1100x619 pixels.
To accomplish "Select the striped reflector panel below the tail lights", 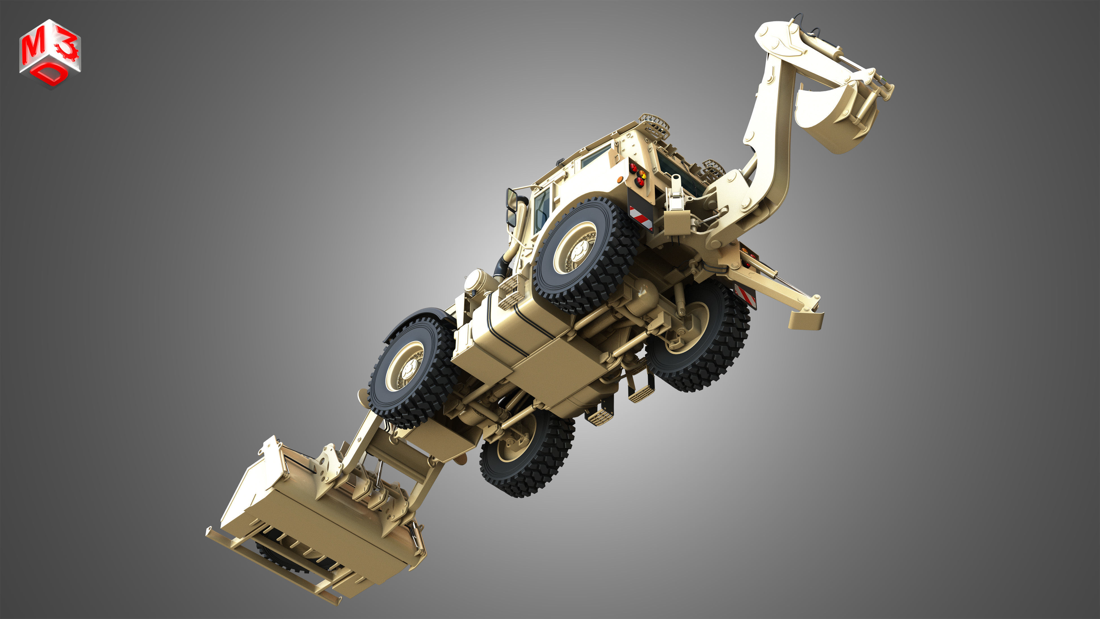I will click(x=641, y=218).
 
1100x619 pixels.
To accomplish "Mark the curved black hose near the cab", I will click(x=502, y=265).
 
